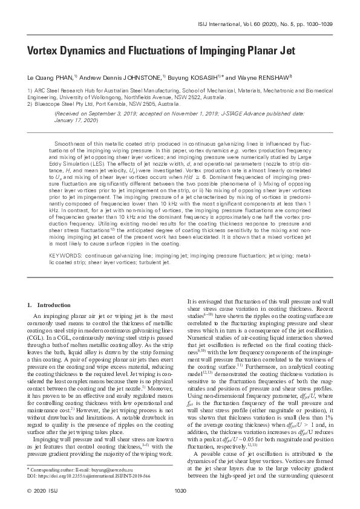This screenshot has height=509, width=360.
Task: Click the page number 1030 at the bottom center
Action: click(180, 490)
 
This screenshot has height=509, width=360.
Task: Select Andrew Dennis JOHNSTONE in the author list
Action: click(115, 77)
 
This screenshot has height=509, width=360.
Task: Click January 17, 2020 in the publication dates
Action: click(91, 120)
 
